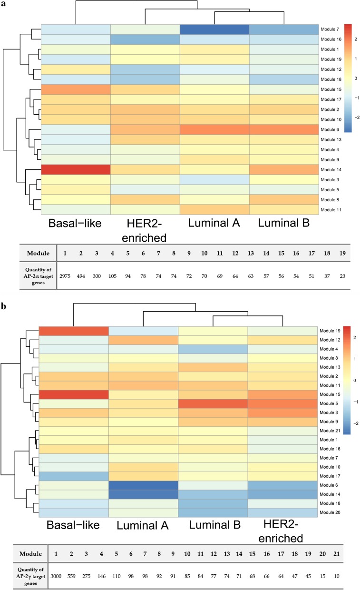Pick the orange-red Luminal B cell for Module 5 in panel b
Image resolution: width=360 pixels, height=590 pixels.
[x=213, y=403]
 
